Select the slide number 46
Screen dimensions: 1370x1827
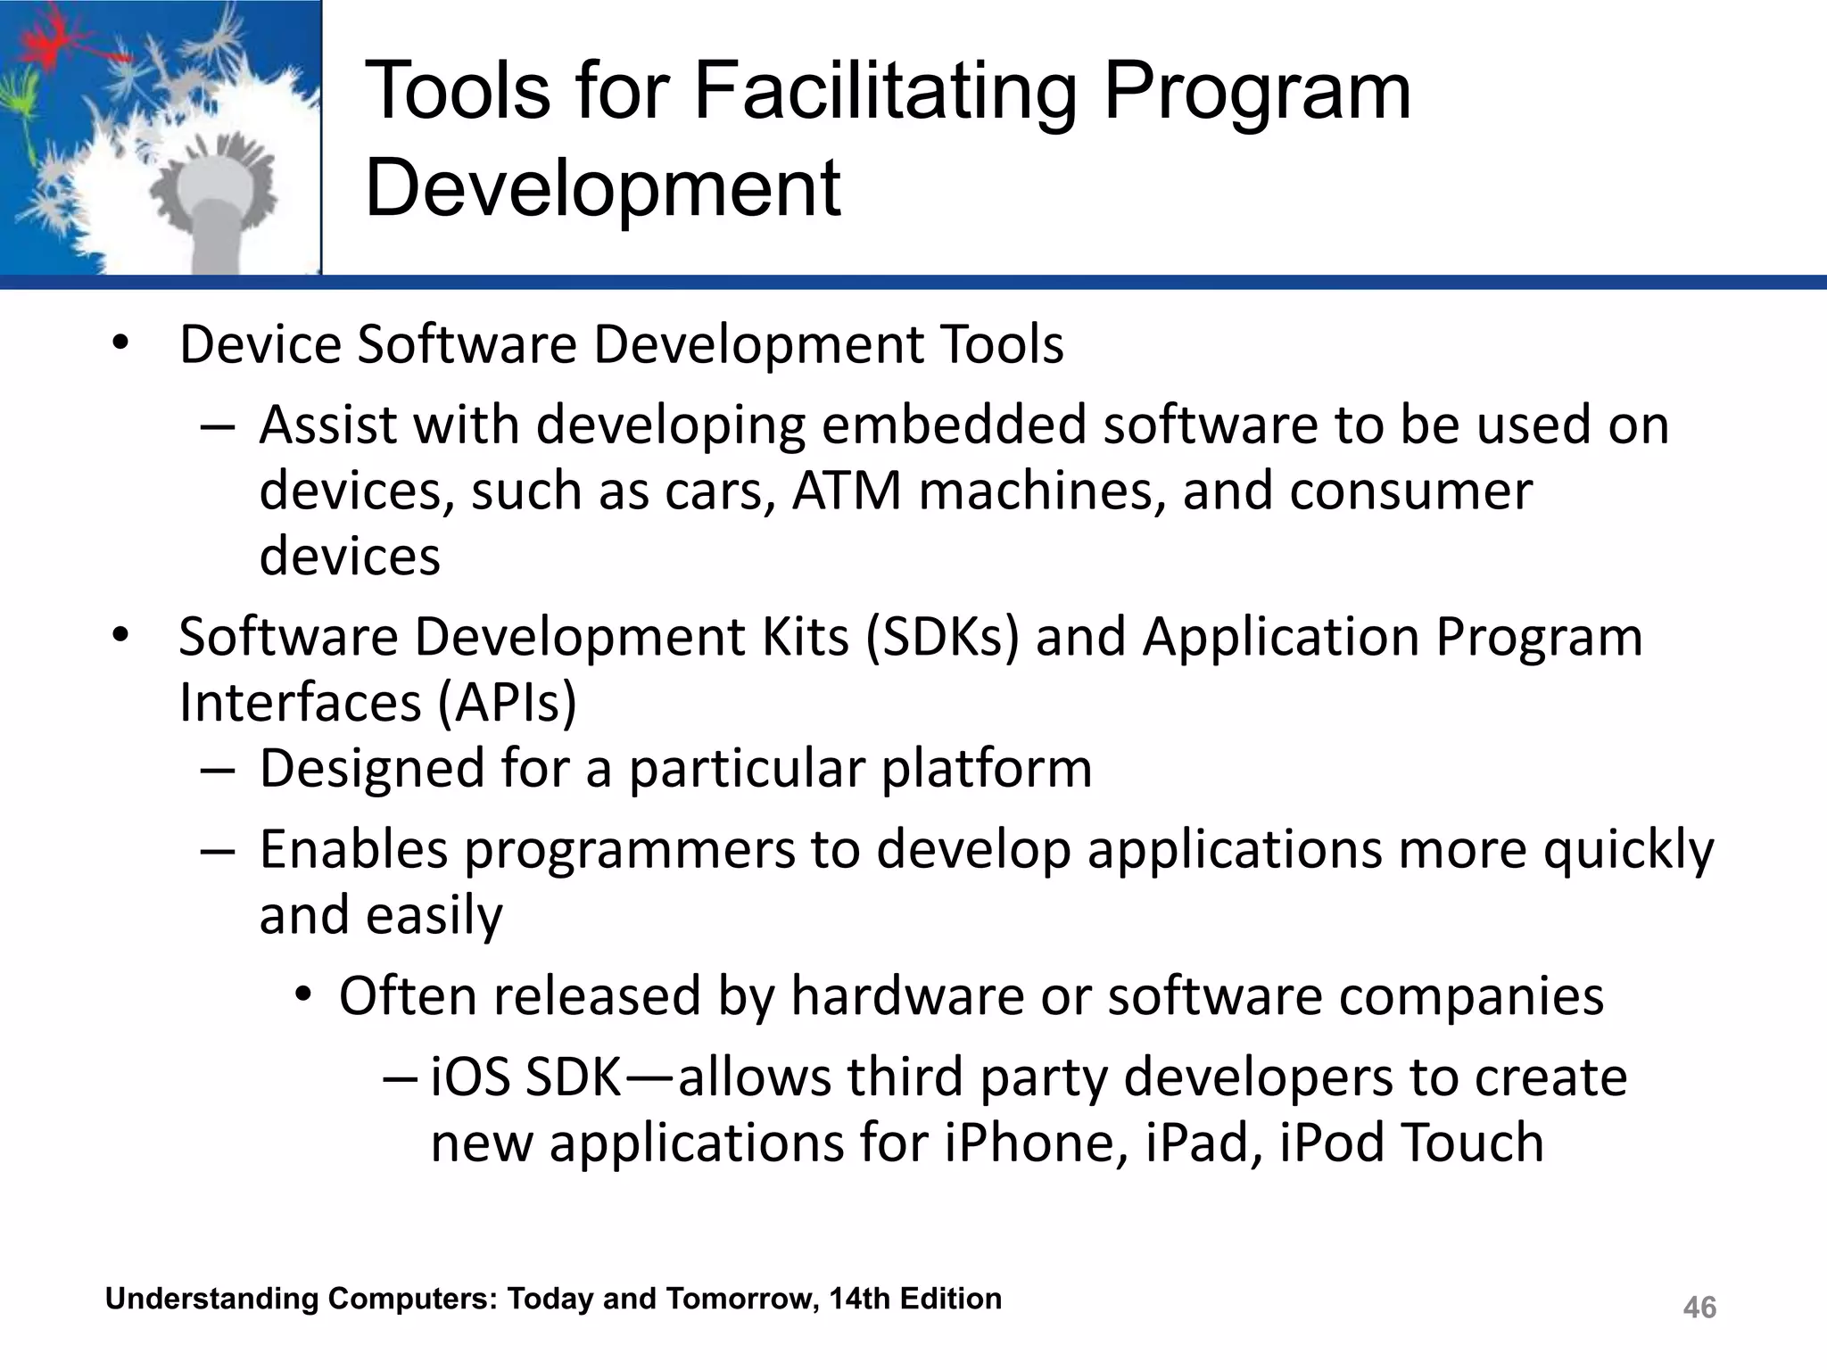[1699, 1308]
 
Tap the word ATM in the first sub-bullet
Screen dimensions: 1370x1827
[847, 491]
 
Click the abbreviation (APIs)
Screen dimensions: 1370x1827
[507, 703]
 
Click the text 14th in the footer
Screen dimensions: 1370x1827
[859, 1299]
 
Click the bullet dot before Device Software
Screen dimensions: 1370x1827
[120, 343]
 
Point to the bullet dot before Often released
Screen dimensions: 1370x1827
[303, 994]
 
